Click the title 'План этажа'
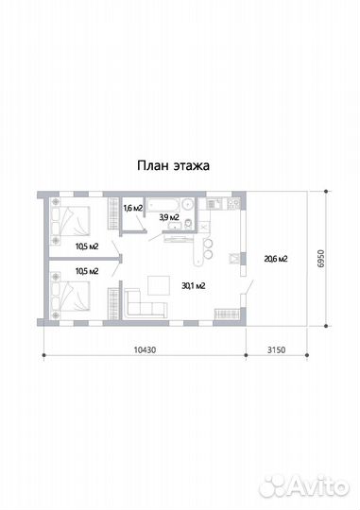pyautogui.click(x=173, y=165)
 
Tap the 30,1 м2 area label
pyautogui.click(x=194, y=286)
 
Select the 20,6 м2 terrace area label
pyautogui.click(x=276, y=259)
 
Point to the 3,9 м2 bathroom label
pyautogui.click(x=169, y=217)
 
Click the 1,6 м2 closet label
pyautogui.click(x=133, y=208)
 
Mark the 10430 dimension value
pyautogui.click(x=145, y=349)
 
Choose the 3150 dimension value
pyautogui.click(x=276, y=349)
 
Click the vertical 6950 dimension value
pyautogui.click(x=321, y=258)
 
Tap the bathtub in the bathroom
pyautogui.click(x=163, y=205)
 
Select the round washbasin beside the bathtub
pyautogui.click(x=188, y=205)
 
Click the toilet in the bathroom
pyautogui.click(x=188, y=224)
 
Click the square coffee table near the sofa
pyautogui.click(x=159, y=285)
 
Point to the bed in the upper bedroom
pyautogui.click(x=70, y=221)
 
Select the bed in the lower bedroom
pyautogui.click(x=70, y=296)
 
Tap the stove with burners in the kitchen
pyautogui.click(x=234, y=204)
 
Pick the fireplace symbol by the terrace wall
pyautogui.click(x=235, y=259)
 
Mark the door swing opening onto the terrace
pyautogui.click(x=249, y=287)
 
